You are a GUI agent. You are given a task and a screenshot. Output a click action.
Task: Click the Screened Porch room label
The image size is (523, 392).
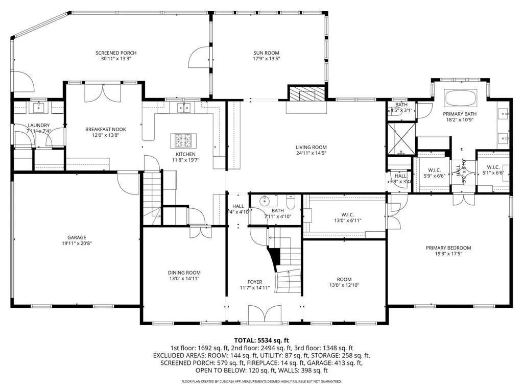pyautogui.click(x=116, y=53)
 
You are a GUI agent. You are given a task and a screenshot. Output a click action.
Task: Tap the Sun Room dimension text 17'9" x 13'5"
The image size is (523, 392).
pyautogui.click(x=267, y=59)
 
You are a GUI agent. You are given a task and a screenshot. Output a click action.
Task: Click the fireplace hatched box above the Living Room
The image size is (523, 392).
pyautogui.click(x=307, y=94)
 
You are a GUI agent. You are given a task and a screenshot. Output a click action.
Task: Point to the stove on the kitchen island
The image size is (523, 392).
pyautogui.click(x=183, y=139)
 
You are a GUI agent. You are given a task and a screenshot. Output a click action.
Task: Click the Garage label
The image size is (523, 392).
pyautogui.click(x=77, y=237)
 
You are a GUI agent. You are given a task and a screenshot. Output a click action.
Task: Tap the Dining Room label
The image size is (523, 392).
pyautogui.click(x=184, y=273)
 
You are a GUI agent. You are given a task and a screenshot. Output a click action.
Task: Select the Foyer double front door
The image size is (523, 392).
pyautogui.click(x=265, y=314)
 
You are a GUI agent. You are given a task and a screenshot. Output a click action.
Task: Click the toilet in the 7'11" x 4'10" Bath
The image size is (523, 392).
pyautogui.click(x=290, y=204)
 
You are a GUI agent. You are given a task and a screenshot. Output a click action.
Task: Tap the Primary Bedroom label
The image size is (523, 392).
pyautogui.click(x=448, y=248)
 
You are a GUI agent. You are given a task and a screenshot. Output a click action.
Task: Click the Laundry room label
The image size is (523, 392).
pyautogui.click(x=39, y=126)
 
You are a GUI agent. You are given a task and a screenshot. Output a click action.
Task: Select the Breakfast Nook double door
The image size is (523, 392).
pyautogui.click(x=103, y=93)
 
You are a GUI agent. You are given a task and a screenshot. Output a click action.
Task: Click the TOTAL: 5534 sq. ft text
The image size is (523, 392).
pyautogui.click(x=261, y=340)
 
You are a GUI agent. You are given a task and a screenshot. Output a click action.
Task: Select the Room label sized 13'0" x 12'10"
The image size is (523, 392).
pyautogui.click(x=344, y=279)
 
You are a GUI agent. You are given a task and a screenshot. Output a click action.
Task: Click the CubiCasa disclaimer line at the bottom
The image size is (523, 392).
pyautogui.click(x=261, y=381)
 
